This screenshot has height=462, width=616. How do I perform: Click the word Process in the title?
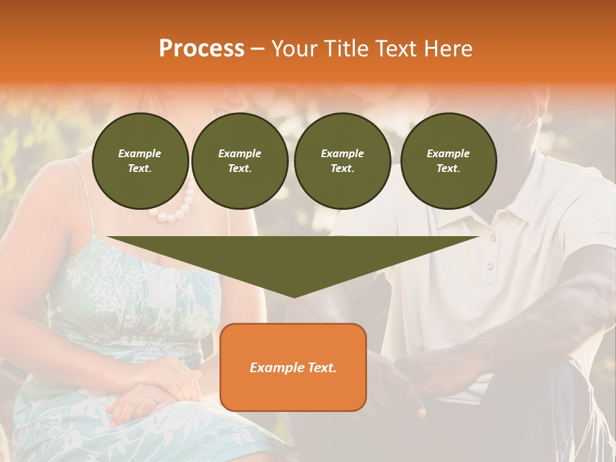(x=201, y=49)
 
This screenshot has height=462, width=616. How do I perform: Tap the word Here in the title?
(x=448, y=49)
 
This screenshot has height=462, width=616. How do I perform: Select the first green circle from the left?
(x=140, y=160)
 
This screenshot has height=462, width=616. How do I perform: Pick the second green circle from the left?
(x=239, y=160)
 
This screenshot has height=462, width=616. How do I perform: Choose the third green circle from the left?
(x=342, y=160)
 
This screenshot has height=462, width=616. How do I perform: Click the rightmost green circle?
(x=448, y=160)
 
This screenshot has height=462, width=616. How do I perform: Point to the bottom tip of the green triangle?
(x=293, y=296)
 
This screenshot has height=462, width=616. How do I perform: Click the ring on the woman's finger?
(x=153, y=399)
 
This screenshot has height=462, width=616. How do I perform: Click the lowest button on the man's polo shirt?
(x=490, y=266)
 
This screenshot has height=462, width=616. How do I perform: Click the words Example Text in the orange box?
(x=293, y=368)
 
